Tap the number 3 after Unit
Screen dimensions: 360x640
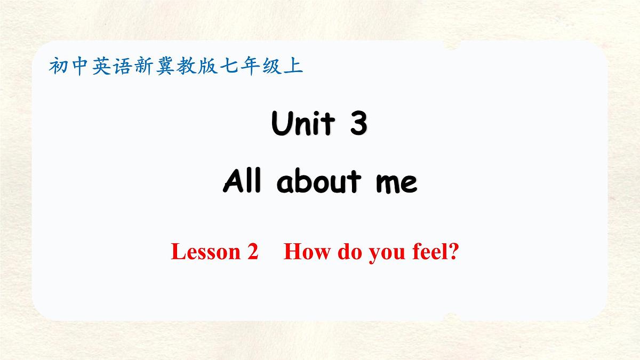pyautogui.click(x=357, y=125)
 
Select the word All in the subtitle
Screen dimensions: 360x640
pyautogui.click(x=243, y=182)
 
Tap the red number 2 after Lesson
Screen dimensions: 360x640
pyautogui.click(x=252, y=251)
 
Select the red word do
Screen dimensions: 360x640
pyautogui.click(x=348, y=251)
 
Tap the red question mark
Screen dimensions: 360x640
pyautogui.click(x=454, y=251)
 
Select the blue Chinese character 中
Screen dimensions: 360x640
pyautogui.click(x=79, y=67)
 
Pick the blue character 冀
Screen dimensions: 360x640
pyautogui.click(x=164, y=67)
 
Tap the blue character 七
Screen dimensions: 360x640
pyautogui.click(x=228, y=67)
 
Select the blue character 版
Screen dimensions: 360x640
pyautogui.click(x=207, y=67)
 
